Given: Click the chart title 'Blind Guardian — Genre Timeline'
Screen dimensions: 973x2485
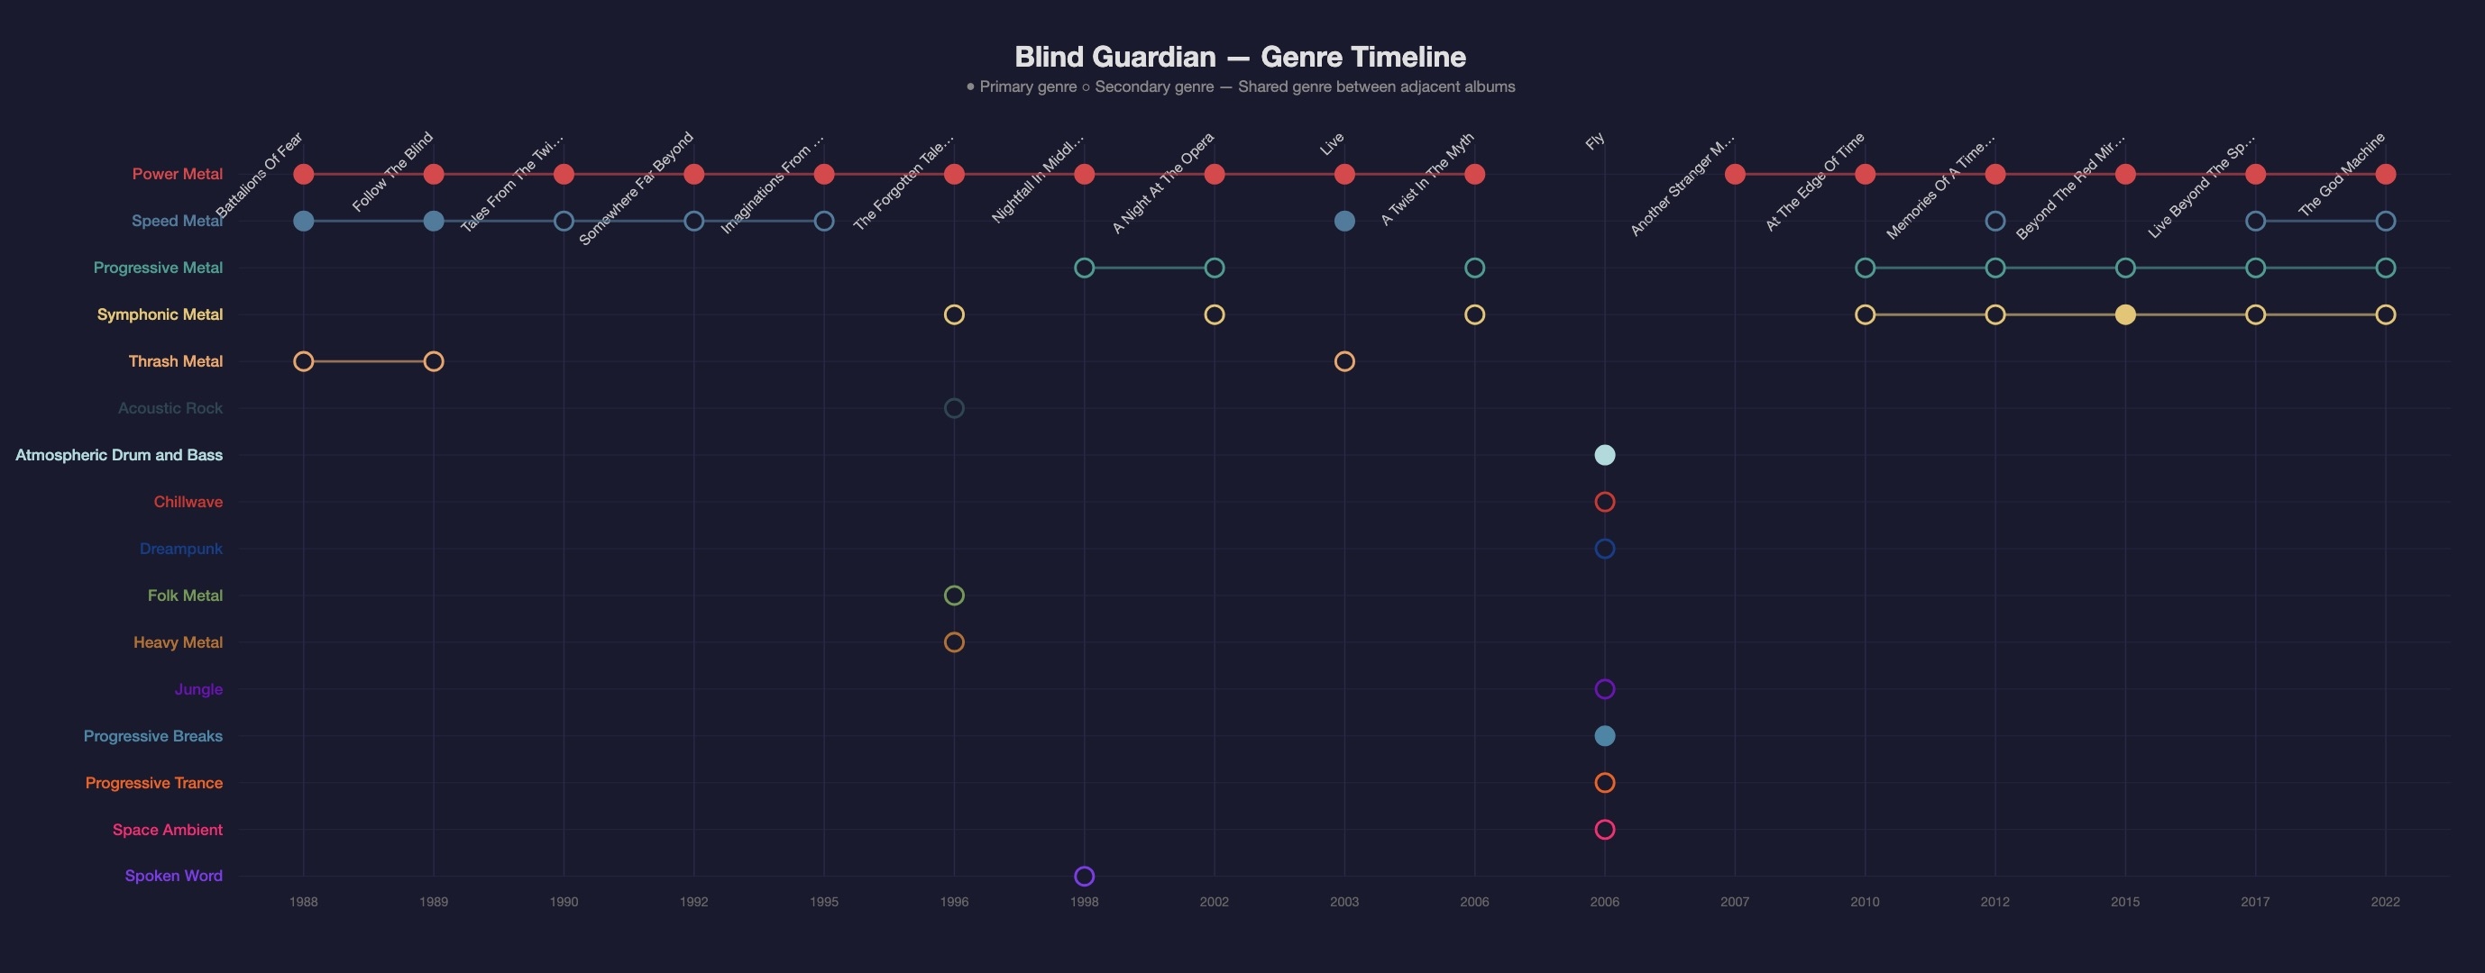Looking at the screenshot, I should click(x=1240, y=57).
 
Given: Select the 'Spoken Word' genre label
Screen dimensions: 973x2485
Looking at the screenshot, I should click(x=174, y=876).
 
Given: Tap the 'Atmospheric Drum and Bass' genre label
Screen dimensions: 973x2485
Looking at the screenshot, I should click(x=119, y=455).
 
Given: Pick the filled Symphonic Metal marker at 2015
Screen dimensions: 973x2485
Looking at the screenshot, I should click(x=2124, y=314).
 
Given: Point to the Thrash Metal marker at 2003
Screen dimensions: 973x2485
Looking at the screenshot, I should click(x=1343, y=361).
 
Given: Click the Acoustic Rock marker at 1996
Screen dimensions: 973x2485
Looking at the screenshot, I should click(x=953, y=408).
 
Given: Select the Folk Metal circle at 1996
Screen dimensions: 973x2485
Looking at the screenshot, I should click(x=953, y=595).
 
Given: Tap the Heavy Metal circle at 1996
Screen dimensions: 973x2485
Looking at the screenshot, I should click(x=953, y=642).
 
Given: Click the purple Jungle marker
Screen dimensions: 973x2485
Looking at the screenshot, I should click(x=1604, y=688).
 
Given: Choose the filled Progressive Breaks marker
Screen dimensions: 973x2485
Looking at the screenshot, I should click(x=1604, y=736).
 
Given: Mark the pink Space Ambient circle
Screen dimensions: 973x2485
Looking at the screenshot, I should click(x=1604, y=830).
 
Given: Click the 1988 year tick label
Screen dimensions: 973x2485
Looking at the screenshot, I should click(x=303, y=902).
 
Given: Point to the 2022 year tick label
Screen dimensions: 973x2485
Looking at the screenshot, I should click(x=2385, y=902).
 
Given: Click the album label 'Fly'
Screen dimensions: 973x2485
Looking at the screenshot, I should click(x=1595, y=141).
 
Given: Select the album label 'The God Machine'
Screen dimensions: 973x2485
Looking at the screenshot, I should click(x=2342, y=174).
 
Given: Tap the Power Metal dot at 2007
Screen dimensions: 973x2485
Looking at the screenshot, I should click(x=1735, y=175).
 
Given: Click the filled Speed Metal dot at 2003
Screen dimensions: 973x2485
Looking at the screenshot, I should click(x=1343, y=221).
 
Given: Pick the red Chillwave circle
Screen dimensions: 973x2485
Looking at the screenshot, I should click(x=1604, y=502).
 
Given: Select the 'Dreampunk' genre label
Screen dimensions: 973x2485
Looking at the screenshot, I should click(x=180, y=549).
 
